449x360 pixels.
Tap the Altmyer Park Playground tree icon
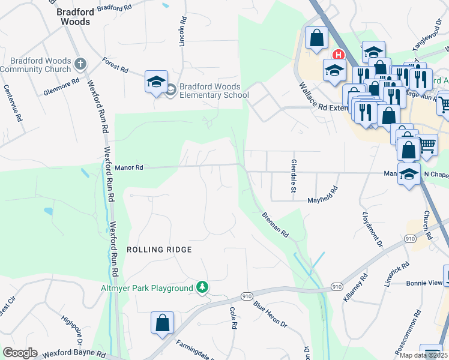203,288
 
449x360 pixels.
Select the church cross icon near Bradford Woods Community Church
80,63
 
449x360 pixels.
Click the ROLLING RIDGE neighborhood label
159,249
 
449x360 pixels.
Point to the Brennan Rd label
276,224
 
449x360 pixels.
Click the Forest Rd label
115,65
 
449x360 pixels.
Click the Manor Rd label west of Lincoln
128,168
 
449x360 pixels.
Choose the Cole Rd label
234,317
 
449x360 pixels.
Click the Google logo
20,353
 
